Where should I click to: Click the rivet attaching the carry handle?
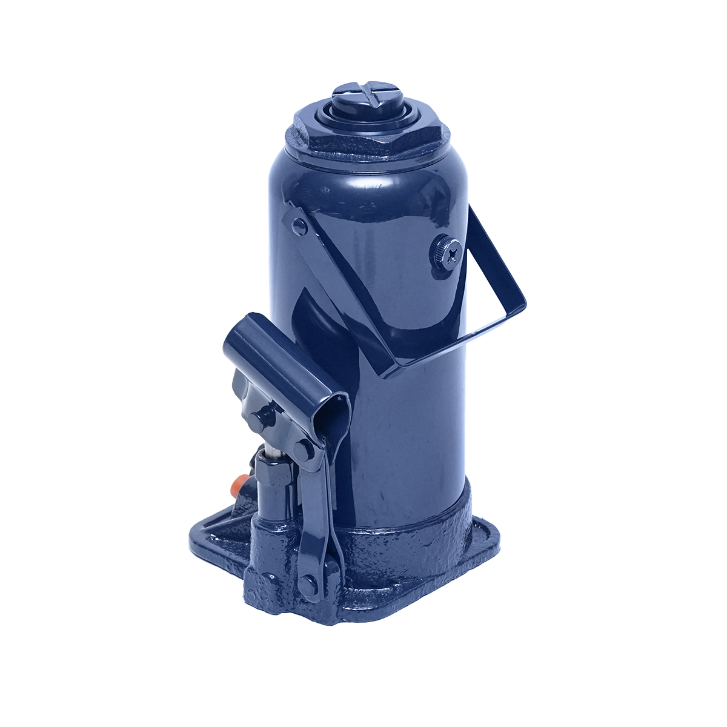click(298, 225)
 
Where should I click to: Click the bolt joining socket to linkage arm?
click(304, 450)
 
